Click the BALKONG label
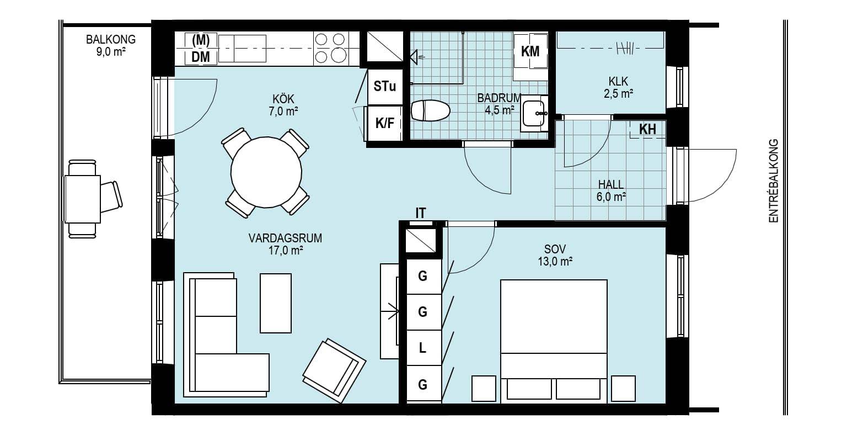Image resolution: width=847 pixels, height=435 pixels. pos(111,39)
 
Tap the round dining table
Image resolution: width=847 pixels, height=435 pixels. pos(266,172)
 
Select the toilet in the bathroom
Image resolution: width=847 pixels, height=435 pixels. pos(430,110)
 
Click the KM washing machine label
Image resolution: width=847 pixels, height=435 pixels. pos(530,51)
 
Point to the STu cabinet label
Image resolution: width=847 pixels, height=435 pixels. pos(384,86)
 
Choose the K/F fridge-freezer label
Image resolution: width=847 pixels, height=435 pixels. pos(384,123)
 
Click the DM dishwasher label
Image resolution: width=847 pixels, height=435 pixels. pos(200,57)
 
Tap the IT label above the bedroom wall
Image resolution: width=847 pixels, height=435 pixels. pos(421,213)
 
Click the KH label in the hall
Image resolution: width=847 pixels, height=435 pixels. pos(647,130)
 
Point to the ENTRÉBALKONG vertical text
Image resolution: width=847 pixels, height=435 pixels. pos(774,181)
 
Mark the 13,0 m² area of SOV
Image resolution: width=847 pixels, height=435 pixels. pos(555,262)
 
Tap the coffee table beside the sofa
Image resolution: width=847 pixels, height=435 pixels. pos(276,303)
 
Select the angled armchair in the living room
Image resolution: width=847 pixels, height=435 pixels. pos(334,370)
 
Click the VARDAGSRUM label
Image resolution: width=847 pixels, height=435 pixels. pos(285,238)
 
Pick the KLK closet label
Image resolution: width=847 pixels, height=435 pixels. pos(618,81)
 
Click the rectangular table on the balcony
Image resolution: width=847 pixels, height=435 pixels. pos(82,199)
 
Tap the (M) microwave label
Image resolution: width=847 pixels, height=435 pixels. pos(201,40)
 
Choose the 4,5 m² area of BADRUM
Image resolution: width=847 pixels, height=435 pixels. pos(500,110)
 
